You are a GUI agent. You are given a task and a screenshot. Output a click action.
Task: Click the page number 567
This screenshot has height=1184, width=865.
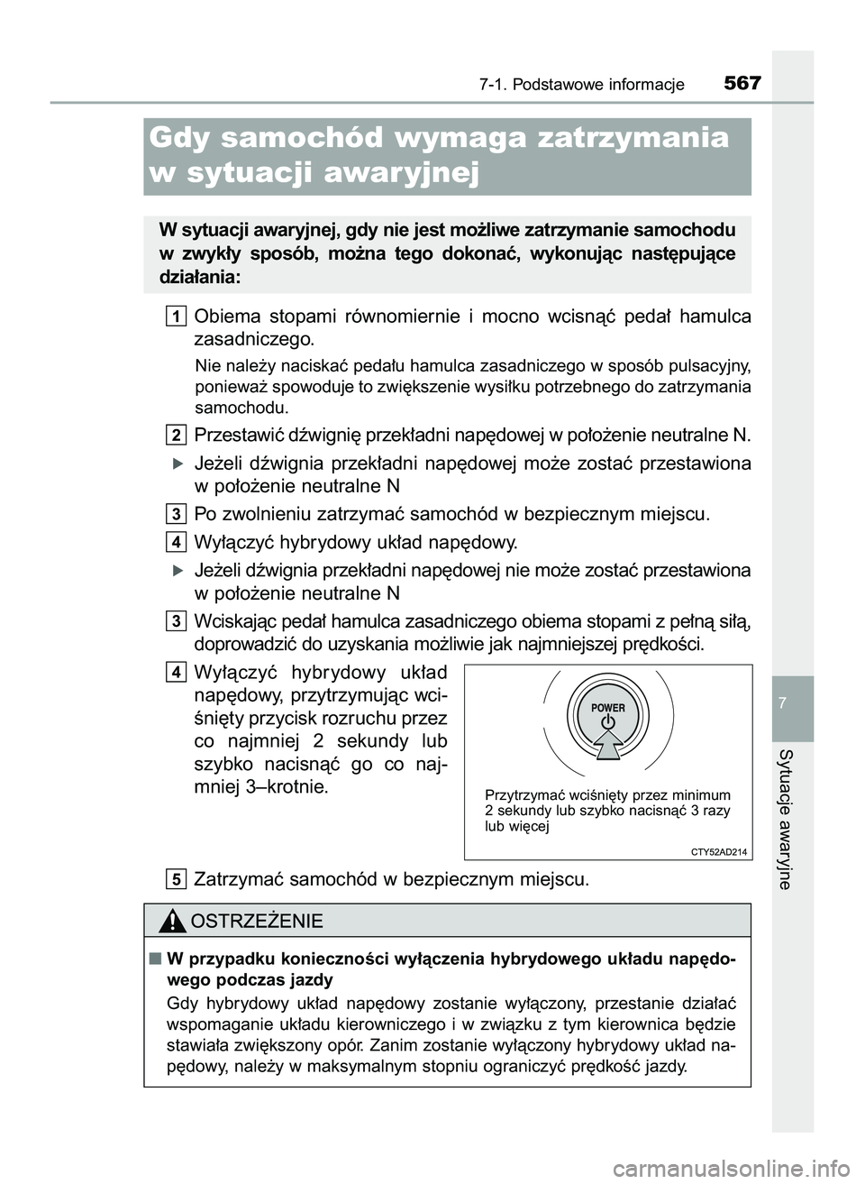tap(742, 84)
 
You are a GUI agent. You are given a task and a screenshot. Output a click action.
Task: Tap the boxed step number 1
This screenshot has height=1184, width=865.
tap(177, 315)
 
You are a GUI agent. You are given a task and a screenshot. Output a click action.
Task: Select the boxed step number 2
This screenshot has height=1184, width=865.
tap(177, 435)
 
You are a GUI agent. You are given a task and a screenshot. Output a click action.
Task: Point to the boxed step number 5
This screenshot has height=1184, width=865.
tap(177, 878)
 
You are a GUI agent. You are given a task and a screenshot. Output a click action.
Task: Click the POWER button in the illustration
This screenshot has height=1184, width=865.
tap(607, 714)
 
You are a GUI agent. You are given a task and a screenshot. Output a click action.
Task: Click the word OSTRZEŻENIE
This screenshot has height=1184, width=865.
tap(256, 921)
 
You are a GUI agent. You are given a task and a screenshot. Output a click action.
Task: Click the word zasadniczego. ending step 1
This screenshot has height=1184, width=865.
tap(255, 340)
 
